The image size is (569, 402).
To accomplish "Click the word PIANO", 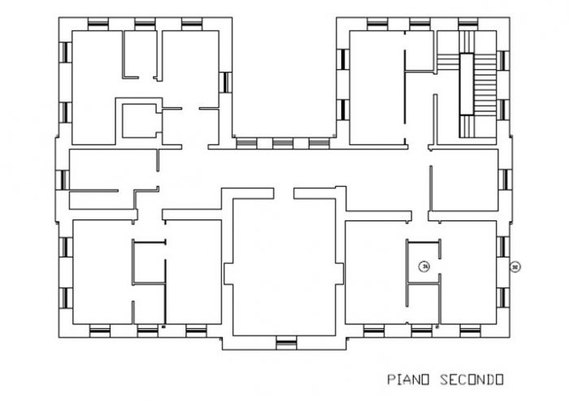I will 409,379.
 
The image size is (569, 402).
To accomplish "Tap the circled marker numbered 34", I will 423,265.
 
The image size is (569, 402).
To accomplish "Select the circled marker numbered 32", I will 514,266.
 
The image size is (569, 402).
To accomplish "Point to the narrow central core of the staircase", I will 467,84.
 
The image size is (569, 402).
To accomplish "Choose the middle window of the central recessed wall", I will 282,143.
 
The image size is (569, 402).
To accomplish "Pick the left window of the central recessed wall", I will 245,143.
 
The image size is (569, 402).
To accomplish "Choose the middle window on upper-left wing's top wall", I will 145,23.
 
